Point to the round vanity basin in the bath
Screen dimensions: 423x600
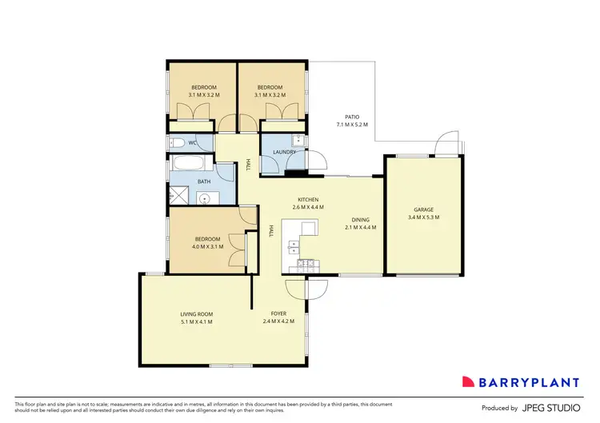coord(204,199)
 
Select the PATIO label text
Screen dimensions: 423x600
coord(352,117)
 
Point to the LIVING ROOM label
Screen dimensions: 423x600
coord(196,313)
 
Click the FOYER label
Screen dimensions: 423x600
coord(279,313)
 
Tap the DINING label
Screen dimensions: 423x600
coord(360,219)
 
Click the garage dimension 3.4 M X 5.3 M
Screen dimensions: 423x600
coord(423,217)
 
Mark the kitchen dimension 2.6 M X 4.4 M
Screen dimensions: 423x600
coord(308,208)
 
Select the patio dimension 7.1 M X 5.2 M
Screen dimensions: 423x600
coord(352,125)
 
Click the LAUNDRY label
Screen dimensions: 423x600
coord(285,152)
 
